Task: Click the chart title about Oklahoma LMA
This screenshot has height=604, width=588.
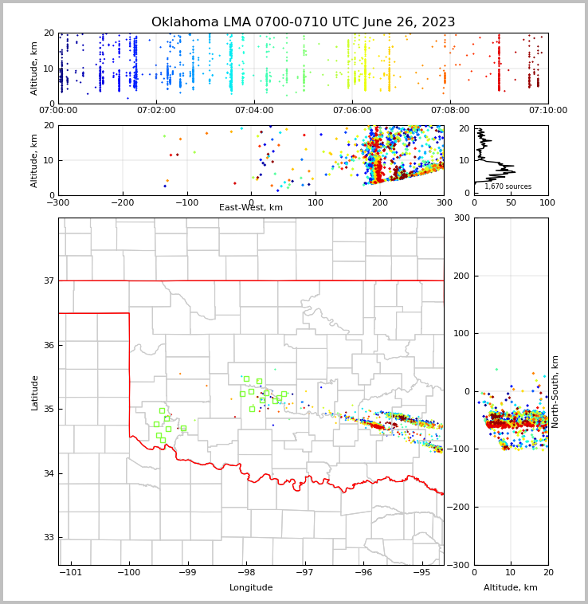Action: point(304,22)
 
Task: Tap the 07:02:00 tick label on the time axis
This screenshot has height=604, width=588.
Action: point(156,110)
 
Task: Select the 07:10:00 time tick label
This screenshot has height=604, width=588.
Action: point(547,110)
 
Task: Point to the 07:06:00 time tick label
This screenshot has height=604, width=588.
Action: point(352,110)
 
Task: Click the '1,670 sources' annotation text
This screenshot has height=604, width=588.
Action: point(508,186)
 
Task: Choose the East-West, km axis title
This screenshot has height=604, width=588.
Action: point(251,208)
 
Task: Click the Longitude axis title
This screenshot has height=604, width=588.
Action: point(251,588)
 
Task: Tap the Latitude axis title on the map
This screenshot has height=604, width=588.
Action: point(35,392)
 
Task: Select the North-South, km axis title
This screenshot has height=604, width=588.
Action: point(555,391)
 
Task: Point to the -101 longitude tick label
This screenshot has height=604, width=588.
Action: point(71,573)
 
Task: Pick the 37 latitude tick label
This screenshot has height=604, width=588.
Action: point(48,280)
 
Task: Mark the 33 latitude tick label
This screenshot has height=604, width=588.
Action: point(48,538)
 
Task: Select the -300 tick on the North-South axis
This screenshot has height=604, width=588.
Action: point(457,565)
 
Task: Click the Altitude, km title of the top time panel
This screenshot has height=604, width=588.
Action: point(35,68)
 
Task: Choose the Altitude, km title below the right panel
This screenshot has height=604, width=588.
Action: point(511,588)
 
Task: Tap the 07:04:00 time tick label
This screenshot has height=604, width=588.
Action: point(254,110)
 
